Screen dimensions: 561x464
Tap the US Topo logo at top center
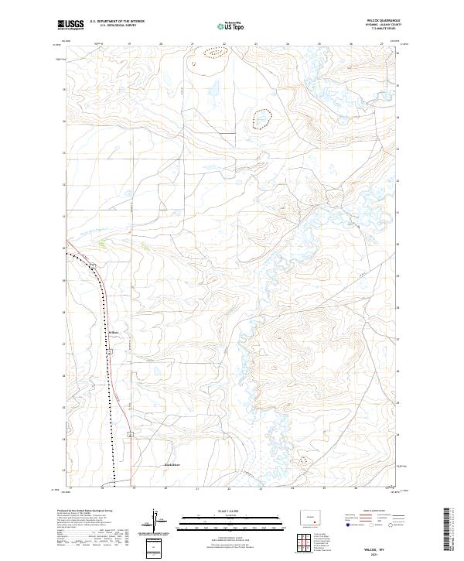(x=231, y=26)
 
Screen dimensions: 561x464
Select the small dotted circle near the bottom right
(x=303, y=460)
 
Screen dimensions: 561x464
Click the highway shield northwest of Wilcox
(x=91, y=266)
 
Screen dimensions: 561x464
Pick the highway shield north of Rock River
(x=131, y=433)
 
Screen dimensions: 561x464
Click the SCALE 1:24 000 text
(x=231, y=509)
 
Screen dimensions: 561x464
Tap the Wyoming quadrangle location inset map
(x=303, y=516)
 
